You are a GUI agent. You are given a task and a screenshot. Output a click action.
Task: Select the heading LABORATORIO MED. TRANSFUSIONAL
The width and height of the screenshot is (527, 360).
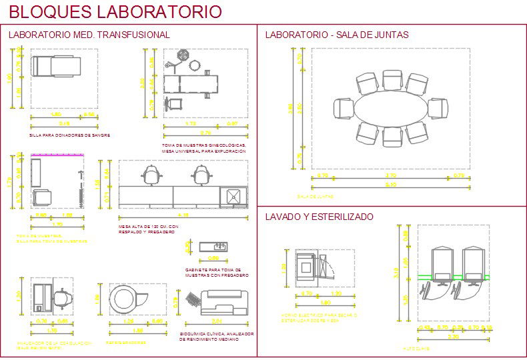pos(89,35)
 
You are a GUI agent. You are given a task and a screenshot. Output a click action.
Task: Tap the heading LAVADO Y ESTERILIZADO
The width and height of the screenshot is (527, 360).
pos(319,217)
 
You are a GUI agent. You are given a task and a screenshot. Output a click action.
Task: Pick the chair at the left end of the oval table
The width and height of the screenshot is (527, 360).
pos(343,108)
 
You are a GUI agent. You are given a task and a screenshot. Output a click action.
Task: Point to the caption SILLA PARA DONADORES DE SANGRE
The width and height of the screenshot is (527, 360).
pos(69,135)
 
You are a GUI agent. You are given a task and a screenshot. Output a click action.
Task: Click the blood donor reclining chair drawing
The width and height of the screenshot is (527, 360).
pos(57,67)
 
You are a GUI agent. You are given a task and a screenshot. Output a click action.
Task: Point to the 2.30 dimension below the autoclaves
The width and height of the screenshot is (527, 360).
pos(453,336)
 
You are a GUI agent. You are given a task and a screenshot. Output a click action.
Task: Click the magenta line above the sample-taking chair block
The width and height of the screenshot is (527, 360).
pos(57,154)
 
